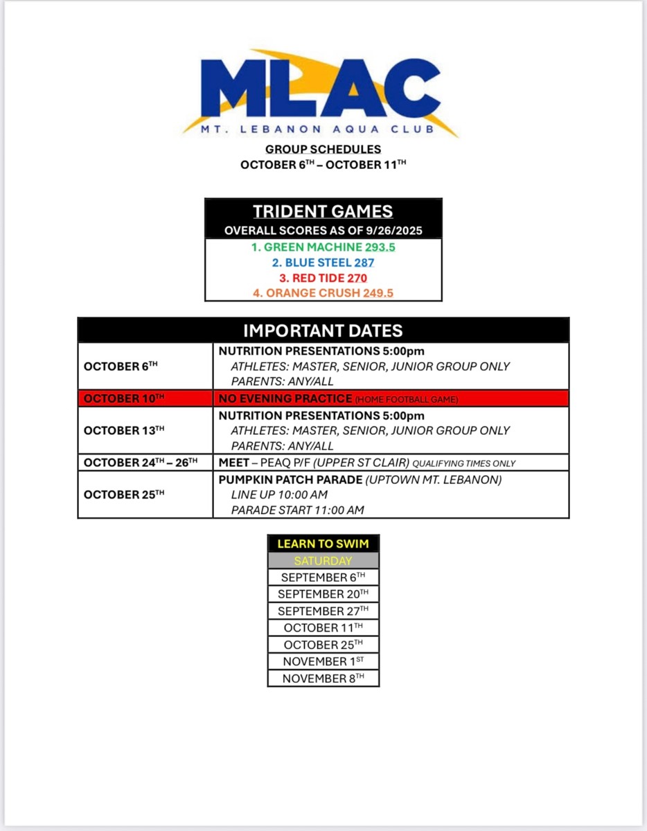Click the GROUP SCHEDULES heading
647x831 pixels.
[x=323, y=149]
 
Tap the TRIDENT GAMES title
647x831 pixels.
[x=323, y=212]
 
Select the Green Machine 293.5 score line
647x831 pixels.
[x=323, y=247]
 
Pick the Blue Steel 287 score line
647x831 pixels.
[x=323, y=262]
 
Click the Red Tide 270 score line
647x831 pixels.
[x=323, y=278]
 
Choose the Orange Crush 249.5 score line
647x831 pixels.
[x=323, y=293]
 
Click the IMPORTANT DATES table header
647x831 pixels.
[x=323, y=330]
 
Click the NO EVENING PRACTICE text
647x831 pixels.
[x=285, y=399]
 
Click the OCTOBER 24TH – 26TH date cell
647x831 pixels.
[x=141, y=463]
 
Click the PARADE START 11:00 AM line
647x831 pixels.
[x=297, y=510]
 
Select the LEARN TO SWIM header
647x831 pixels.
[x=323, y=544]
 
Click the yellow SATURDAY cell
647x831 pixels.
[x=323, y=561]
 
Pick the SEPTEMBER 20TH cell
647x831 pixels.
[x=323, y=594]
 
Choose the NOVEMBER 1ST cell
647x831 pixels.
[x=323, y=661]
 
